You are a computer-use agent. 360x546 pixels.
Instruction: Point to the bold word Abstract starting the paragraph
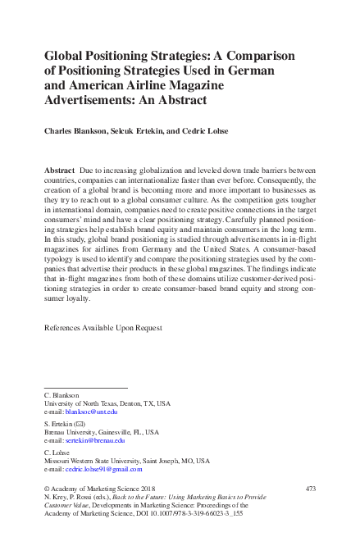(x=60, y=169)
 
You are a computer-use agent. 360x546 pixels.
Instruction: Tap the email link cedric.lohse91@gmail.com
(x=104, y=469)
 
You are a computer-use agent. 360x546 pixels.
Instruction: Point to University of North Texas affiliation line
(x=107, y=403)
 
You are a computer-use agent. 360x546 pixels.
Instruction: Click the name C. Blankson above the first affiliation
(x=62, y=395)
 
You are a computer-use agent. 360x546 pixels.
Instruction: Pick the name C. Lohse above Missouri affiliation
(x=57, y=453)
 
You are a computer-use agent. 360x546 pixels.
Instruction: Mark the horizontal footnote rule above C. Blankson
(x=85, y=387)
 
